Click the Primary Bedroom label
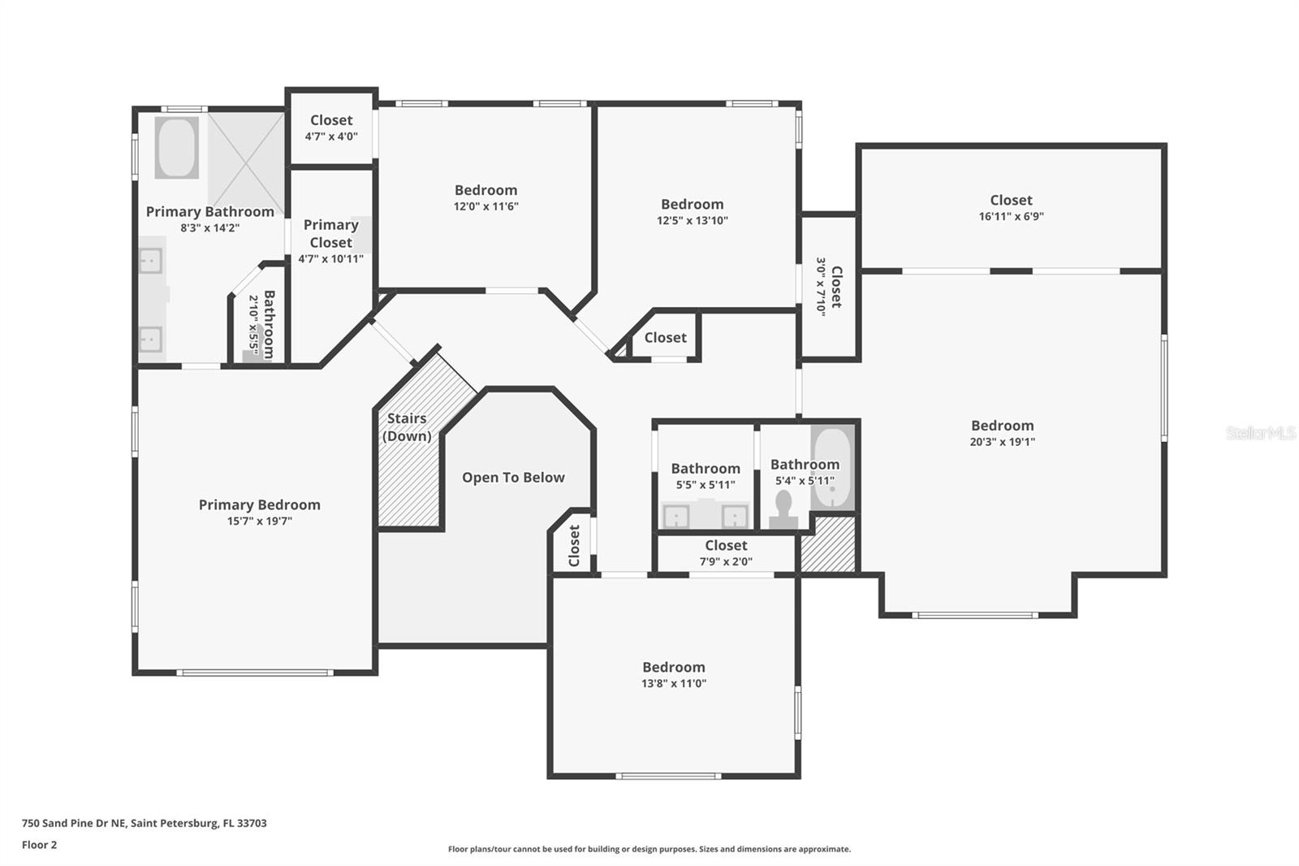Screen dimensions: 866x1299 coord(259,504)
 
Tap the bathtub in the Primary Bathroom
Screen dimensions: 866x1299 coord(176,148)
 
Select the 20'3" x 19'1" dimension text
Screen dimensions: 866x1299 coord(1003,442)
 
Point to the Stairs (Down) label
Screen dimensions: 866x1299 coord(407,427)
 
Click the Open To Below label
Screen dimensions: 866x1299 coord(513,478)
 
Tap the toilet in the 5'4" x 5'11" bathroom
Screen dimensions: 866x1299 coord(783,509)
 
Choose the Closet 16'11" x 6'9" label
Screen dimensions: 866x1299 coord(1011,201)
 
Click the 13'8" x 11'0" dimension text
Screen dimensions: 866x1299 coord(673,683)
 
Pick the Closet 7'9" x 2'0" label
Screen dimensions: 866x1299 coord(726,546)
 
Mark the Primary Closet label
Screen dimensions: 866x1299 coord(330,233)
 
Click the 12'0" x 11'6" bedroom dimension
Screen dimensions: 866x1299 coord(486,206)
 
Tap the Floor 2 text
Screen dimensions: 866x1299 coord(39,845)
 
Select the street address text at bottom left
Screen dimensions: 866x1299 coord(144,823)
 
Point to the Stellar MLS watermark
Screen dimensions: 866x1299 coord(1260,433)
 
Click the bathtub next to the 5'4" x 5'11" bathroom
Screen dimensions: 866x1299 coord(833,467)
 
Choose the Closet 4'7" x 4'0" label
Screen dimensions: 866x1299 coord(331,120)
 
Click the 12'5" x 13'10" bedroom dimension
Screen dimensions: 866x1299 coord(692,220)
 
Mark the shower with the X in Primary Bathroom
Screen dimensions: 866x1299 coord(246,161)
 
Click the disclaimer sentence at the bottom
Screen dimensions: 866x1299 coord(649,849)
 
